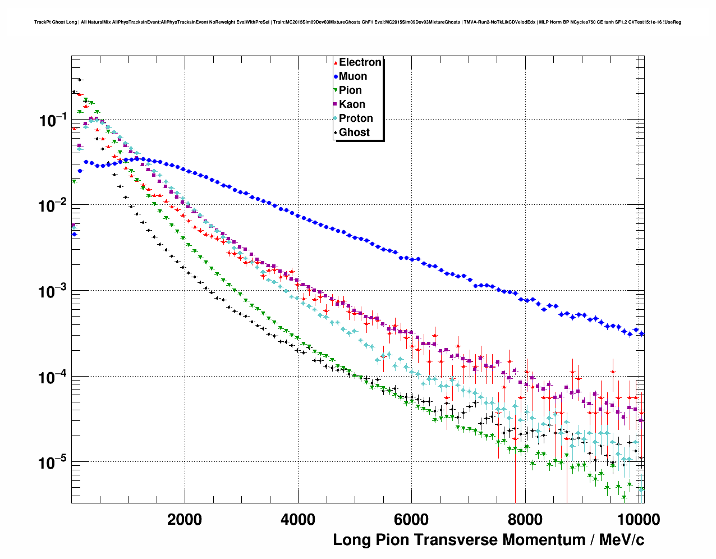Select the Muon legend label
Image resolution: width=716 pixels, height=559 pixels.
click(353, 76)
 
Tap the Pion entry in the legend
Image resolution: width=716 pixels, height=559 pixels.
click(350, 90)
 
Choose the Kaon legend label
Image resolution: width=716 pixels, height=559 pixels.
click(352, 104)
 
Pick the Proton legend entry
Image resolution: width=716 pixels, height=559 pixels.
click(356, 118)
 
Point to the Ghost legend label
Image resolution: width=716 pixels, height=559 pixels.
click(354, 132)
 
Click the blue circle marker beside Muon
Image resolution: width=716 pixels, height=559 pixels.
click(336, 76)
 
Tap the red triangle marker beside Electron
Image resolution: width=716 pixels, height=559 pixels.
click(336, 62)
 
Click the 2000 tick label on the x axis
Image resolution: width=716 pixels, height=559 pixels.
click(185, 520)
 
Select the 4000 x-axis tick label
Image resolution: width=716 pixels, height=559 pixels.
click(298, 520)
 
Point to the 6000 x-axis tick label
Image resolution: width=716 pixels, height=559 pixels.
click(411, 520)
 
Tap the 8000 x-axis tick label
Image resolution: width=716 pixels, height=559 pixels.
click(525, 520)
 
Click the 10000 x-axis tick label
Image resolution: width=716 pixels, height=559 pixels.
click(638, 520)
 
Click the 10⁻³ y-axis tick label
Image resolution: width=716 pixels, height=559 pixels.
click(52, 291)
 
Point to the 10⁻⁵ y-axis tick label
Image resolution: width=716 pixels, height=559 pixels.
click(52, 463)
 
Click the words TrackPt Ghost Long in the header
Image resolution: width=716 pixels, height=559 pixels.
click(56, 22)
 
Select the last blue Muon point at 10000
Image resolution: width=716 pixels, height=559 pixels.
click(641, 333)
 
